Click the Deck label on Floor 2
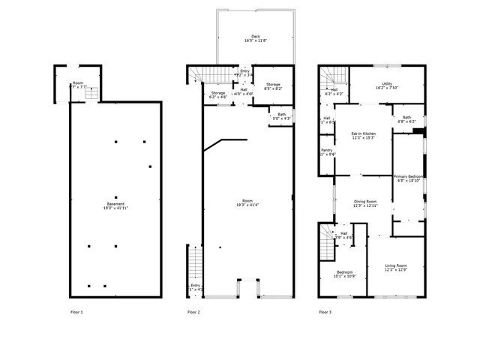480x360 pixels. [x=256, y=38]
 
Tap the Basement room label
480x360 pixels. [x=115, y=206]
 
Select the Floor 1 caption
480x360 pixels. [x=76, y=311]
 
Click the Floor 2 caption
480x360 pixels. [x=193, y=311]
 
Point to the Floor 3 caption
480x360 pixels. [x=325, y=311]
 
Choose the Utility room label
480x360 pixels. [x=387, y=86]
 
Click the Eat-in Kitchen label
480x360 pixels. [x=363, y=135]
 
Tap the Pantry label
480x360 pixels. [x=327, y=151]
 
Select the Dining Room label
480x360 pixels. [x=365, y=202]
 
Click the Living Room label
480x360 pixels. [x=396, y=268]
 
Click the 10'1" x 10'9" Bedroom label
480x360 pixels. [x=345, y=274]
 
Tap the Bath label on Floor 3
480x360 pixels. [x=406, y=119]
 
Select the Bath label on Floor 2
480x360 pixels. [x=281, y=116]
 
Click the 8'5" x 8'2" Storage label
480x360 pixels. [x=273, y=86]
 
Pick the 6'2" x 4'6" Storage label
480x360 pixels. [x=217, y=94]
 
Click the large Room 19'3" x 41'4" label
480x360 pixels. [x=247, y=202]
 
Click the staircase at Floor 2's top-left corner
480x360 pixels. [x=196, y=73]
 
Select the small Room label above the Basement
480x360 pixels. [x=78, y=85]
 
